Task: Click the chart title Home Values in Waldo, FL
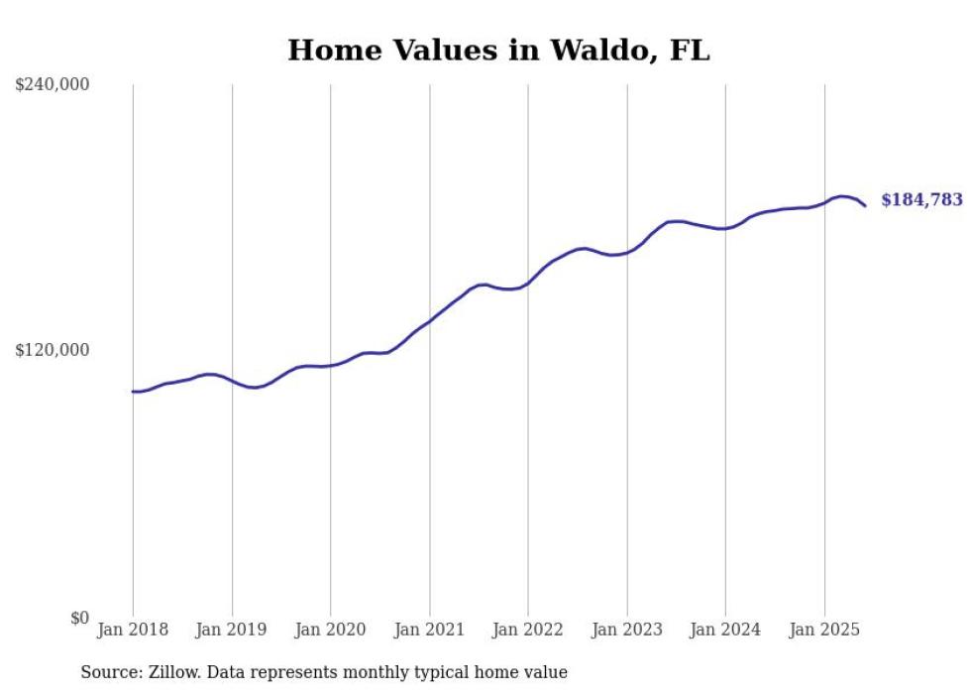point(498,51)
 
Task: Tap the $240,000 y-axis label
point(53,85)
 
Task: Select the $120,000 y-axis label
point(53,350)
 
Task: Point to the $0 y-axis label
point(79,618)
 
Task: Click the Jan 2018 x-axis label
point(133,630)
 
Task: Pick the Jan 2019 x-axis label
point(232,630)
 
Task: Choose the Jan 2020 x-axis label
point(330,630)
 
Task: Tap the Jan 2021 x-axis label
point(429,630)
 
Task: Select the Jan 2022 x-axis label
point(528,630)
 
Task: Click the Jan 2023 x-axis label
point(626,630)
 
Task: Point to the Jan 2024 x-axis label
point(725,630)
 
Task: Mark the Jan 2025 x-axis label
point(824,630)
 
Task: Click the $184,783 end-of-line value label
point(921,200)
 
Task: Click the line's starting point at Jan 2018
point(134,392)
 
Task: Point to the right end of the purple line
point(865,205)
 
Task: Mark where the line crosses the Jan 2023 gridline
point(626,252)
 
